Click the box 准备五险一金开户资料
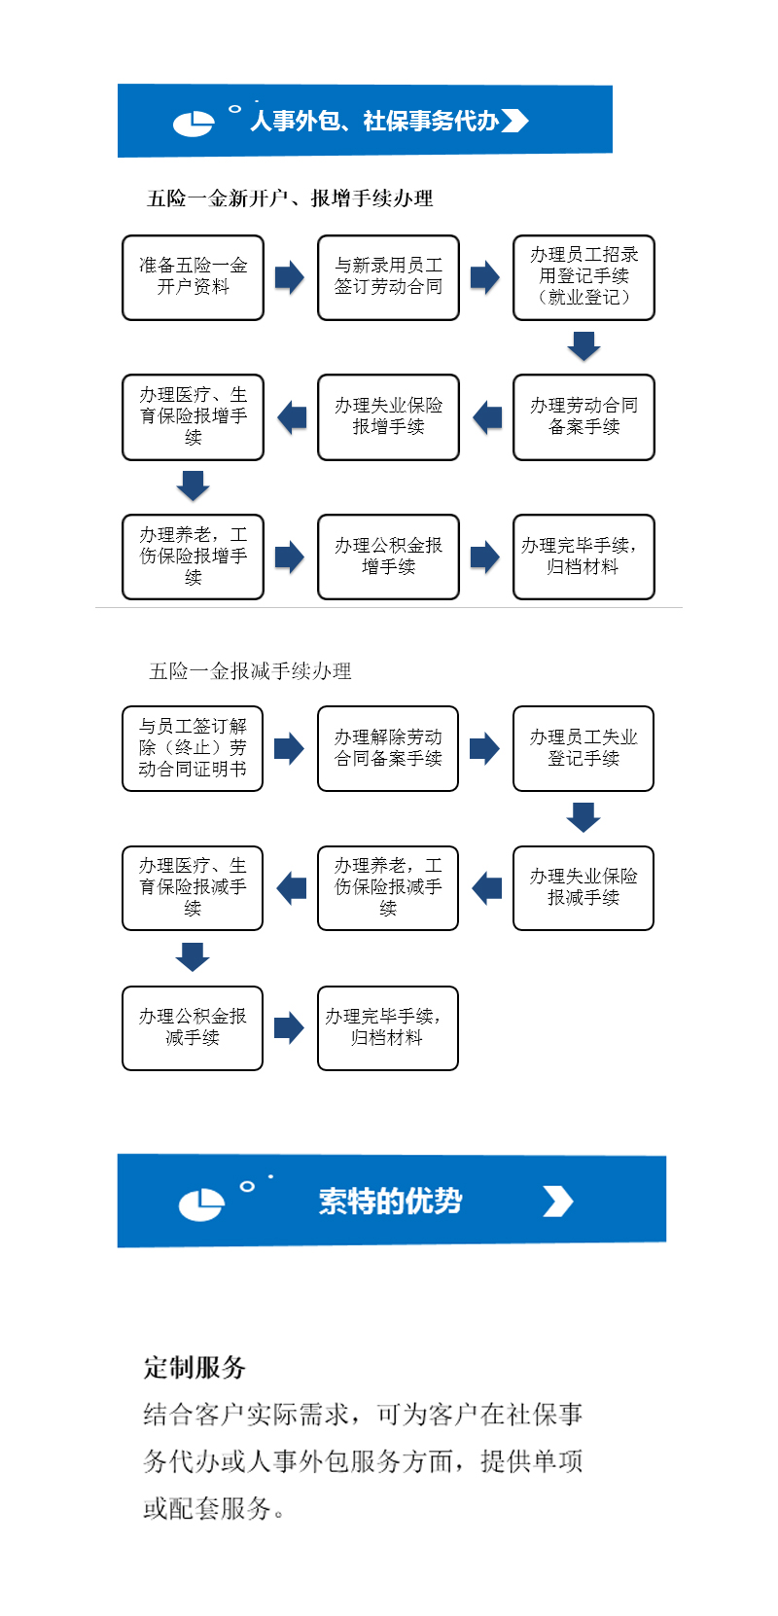pos(193,277)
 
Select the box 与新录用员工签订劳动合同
pos(388,277)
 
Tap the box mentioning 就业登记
pos(583,277)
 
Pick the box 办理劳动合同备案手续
pos(583,417)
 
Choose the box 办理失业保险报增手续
pos(388,417)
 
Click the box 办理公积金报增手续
pos(388,557)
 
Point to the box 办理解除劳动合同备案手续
pos(388,748)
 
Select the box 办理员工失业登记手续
pos(583,748)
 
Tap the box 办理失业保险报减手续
pos(583,888)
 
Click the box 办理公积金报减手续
pos(193,1028)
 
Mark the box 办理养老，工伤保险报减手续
pos(388,888)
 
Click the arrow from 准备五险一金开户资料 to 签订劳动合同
pos(290,277)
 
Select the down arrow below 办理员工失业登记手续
pos(583,817)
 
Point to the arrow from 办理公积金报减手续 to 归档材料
pos(289,1027)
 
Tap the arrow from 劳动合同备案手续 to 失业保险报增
pos(487,417)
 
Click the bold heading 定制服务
pos(194,1367)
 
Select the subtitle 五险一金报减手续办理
pos(250,671)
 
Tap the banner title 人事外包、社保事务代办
pos(374,122)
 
